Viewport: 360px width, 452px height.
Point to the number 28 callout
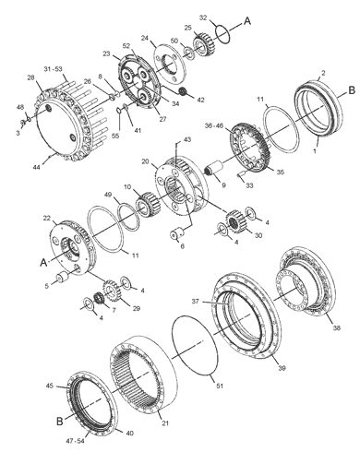31,78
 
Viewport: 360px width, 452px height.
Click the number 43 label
188,139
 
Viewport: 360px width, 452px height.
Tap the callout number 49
108,195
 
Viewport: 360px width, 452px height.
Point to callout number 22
46,218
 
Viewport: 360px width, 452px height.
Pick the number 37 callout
195,301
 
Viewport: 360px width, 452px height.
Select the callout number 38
335,328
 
